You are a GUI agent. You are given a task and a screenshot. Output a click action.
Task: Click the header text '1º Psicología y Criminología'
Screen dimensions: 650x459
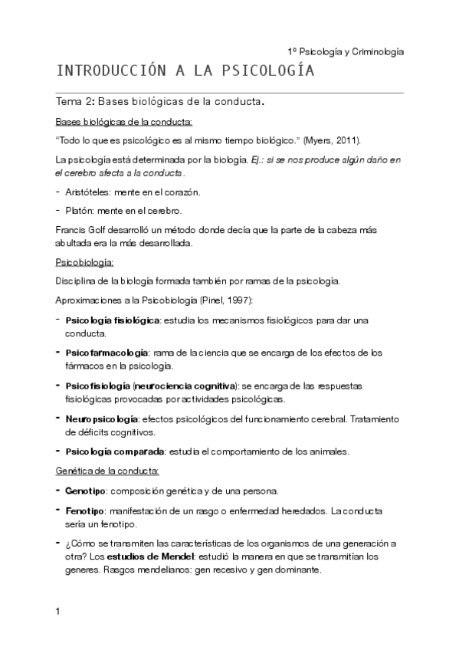coord(345,51)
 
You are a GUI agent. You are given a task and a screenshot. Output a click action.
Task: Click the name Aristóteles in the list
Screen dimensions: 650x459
coord(88,192)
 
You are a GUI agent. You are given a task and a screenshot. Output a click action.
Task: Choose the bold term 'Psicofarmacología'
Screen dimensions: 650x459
coord(107,353)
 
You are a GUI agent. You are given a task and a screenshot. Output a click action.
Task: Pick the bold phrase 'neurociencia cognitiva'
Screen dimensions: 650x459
coord(188,386)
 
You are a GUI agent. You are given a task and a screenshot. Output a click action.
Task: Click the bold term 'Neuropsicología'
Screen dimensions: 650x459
coord(102,419)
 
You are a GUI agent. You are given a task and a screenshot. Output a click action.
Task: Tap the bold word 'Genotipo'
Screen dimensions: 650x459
coord(85,491)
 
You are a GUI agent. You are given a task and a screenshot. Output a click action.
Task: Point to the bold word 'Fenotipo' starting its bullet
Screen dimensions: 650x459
coord(84,510)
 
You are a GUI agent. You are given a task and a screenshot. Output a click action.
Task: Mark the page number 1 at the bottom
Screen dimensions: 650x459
coord(58,612)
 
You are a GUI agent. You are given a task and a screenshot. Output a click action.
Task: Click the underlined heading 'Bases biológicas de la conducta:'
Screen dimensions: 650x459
coord(124,122)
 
